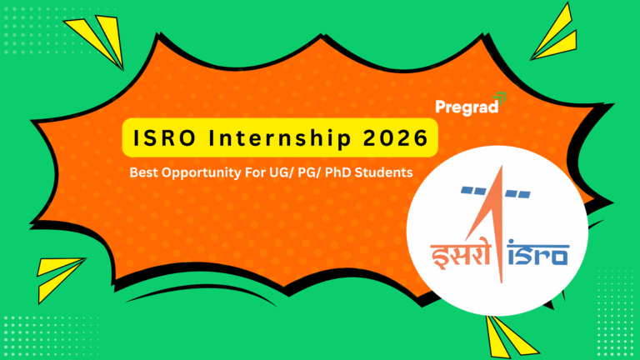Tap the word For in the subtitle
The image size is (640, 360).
click(x=266, y=174)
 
